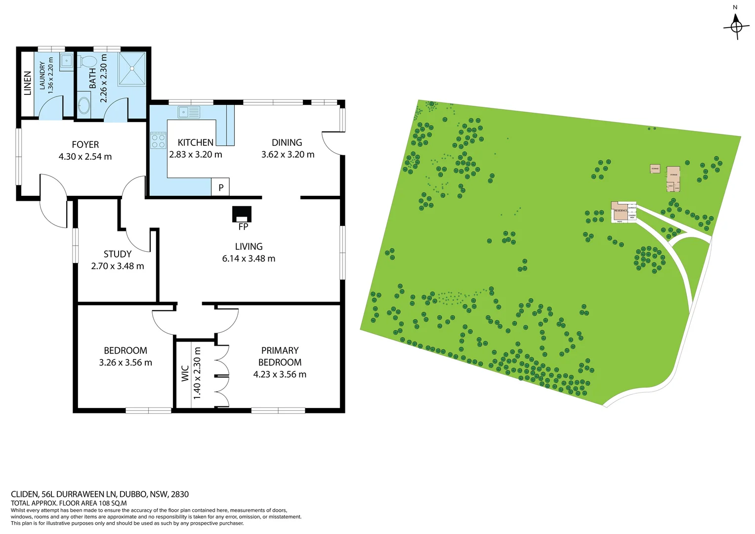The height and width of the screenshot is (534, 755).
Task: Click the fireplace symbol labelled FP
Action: (x=242, y=215)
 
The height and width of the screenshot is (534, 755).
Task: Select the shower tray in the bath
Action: (x=132, y=69)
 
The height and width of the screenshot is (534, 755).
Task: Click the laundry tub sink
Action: (x=66, y=61)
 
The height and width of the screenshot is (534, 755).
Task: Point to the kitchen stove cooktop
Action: (x=158, y=140)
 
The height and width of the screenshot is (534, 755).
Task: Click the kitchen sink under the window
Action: (x=189, y=112)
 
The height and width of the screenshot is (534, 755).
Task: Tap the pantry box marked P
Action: (x=220, y=187)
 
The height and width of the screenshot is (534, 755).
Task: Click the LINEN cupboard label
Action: (x=28, y=83)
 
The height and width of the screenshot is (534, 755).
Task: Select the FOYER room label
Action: (x=85, y=144)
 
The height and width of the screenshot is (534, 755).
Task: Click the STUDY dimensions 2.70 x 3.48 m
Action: (x=118, y=266)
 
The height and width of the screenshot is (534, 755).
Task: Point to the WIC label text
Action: (x=185, y=373)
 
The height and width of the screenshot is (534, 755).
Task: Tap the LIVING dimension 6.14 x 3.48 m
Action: (x=249, y=258)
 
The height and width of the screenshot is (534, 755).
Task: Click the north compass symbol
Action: (x=736, y=26)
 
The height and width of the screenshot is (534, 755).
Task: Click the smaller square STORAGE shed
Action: (x=655, y=169)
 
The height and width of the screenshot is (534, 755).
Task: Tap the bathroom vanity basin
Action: (x=84, y=105)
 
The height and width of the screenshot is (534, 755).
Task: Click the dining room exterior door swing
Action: (x=332, y=143)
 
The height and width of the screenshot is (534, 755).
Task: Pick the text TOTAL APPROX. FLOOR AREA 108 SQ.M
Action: (x=69, y=503)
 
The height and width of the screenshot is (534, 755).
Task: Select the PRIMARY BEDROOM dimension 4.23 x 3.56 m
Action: (x=280, y=374)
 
